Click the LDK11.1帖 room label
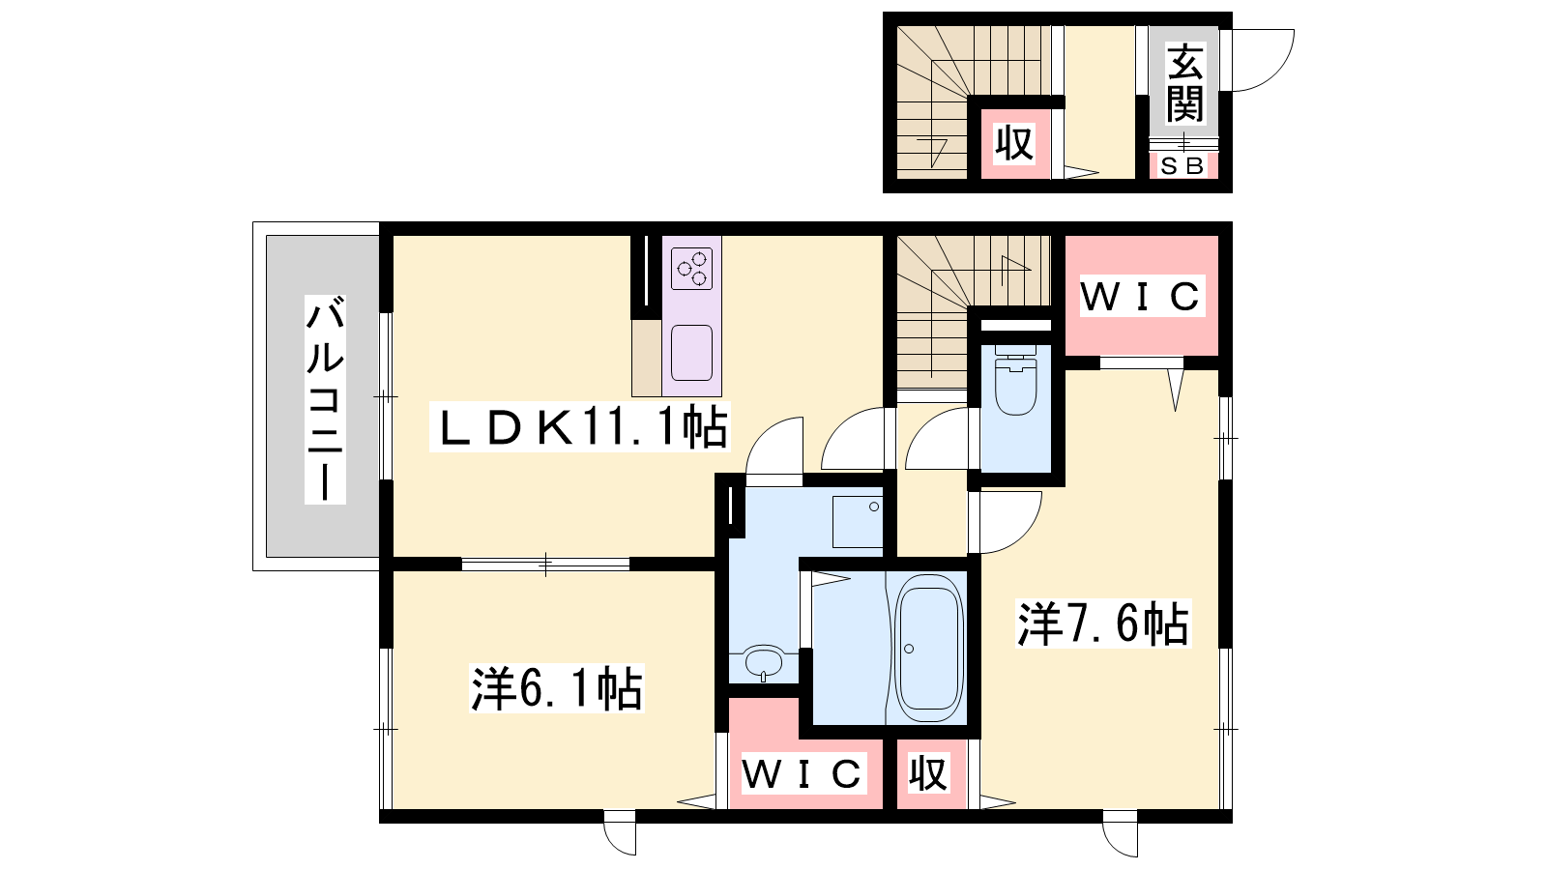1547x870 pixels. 579,427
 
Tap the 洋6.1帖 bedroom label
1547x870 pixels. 557,687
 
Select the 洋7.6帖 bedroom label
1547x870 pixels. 1103,623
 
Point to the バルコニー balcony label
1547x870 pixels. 325,399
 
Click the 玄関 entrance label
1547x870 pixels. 1185,82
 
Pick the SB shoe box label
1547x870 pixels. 1182,165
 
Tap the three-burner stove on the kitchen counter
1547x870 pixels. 691,269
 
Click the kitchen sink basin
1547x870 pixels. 691,353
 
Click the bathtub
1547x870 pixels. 929,649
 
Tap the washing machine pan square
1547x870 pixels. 858,522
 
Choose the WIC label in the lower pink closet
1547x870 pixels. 802,773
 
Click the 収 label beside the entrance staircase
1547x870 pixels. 1014,143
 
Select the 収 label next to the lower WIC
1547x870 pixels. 927,772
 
